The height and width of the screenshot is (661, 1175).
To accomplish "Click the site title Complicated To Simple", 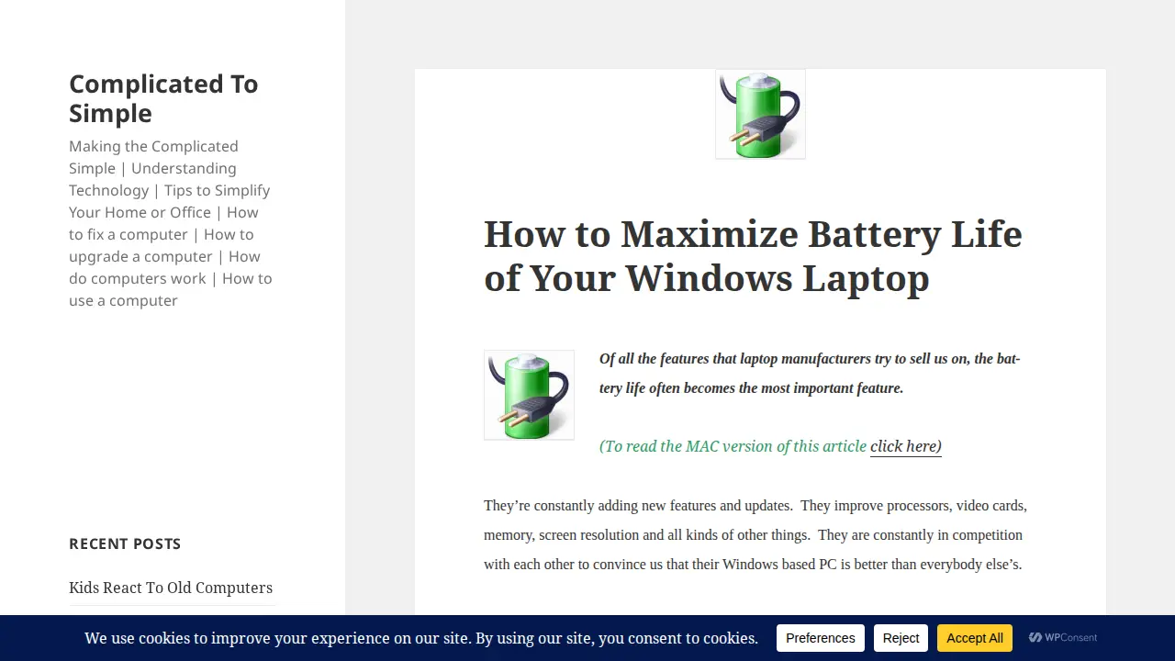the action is click(163, 98).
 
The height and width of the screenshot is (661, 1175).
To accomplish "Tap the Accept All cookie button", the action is click(975, 638).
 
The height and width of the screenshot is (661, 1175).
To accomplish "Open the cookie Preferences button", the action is click(821, 638).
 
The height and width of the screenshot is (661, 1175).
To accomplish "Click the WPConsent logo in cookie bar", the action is click(1063, 637).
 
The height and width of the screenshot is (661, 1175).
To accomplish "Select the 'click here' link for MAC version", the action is click(906, 446).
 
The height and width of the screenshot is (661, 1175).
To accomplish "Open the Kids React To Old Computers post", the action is click(171, 588).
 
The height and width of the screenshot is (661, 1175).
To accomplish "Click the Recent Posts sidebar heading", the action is click(125, 543).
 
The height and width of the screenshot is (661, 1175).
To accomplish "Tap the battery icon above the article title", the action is click(760, 114).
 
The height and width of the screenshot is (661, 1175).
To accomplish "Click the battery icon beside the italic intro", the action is click(529, 395).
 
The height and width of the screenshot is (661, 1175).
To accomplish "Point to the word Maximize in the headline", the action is click(710, 234).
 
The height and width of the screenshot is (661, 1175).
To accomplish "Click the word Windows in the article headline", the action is click(709, 277).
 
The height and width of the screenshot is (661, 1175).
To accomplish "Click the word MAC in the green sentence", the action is click(703, 446).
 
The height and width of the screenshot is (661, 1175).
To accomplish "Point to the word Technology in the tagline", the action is click(108, 190).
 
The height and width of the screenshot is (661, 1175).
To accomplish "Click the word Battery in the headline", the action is click(875, 236).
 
